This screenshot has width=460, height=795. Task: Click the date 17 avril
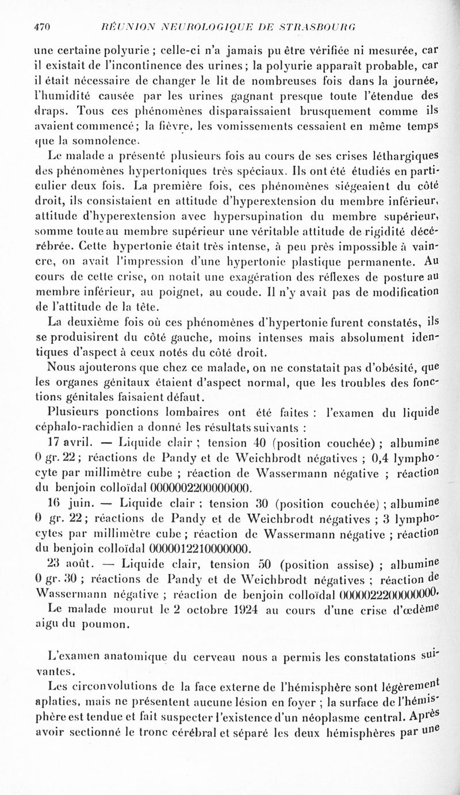tap(67, 443)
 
